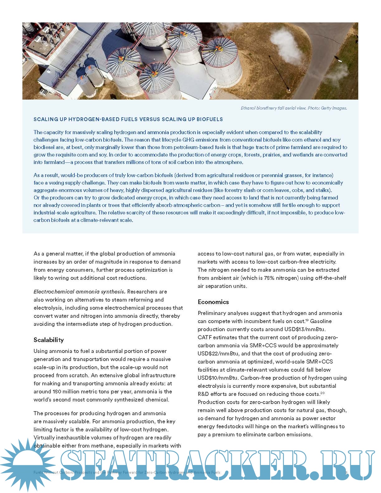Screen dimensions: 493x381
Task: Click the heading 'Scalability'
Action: click(x=49, y=340)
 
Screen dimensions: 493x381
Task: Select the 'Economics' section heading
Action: click(x=213, y=302)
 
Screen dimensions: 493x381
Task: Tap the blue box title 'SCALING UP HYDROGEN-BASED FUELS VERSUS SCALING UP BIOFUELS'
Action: click(x=128, y=119)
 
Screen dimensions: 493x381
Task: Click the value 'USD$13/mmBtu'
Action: click(x=305, y=329)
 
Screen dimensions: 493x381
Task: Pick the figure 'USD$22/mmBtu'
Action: click(x=215, y=354)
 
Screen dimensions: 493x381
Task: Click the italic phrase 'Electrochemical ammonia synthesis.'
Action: click(x=79, y=292)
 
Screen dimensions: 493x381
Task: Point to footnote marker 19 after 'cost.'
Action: click(x=307, y=320)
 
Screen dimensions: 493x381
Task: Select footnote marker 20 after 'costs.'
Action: click(x=323, y=393)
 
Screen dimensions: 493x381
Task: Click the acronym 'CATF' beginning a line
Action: click(x=205, y=337)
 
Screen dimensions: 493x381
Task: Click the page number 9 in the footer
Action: click(x=346, y=472)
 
